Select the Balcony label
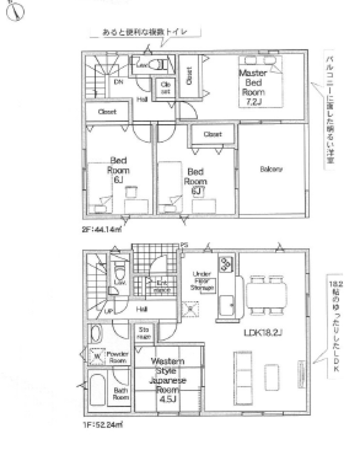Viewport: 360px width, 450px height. [271, 169]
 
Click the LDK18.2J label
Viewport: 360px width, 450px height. [263, 333]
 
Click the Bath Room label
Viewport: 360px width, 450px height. [121, 393]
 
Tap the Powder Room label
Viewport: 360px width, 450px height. [117, 357]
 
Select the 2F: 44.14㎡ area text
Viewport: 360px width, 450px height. [102, 229]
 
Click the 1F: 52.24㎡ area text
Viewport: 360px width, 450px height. [103, 425]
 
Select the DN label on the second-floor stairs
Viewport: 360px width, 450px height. [118, 82]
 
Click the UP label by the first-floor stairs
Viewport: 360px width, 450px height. [107, 311]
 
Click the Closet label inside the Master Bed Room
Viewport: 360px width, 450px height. [189, 76]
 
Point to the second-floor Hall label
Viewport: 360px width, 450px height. [141, 100]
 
